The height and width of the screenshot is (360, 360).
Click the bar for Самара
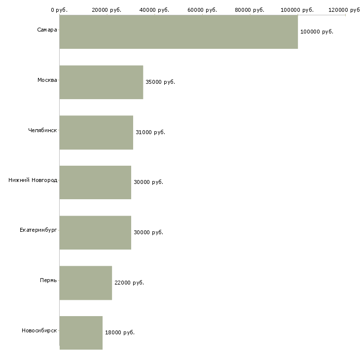179,32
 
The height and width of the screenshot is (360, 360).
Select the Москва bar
101,82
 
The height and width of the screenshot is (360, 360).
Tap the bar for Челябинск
96,133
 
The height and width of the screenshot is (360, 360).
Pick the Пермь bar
86,283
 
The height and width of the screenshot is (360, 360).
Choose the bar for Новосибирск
81,333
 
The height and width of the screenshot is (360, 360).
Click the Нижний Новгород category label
33,180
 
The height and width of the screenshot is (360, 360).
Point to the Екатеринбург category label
38,230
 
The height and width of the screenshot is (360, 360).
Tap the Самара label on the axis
47,30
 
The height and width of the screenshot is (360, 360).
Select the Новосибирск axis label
39,330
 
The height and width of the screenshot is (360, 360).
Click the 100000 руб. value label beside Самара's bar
317,32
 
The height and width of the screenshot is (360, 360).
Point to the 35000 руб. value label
160,82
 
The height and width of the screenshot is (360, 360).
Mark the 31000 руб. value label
150,132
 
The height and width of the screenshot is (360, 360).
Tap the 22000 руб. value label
129,283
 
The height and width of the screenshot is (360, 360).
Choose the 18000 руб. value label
120,332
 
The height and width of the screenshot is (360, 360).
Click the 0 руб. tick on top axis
59,10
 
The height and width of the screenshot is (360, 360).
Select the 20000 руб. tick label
107,10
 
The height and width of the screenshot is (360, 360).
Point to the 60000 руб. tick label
202,10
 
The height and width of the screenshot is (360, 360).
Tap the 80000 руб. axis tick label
250,10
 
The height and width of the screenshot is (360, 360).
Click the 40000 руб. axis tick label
155,10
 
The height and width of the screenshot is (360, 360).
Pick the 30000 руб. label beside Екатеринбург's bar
148,232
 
